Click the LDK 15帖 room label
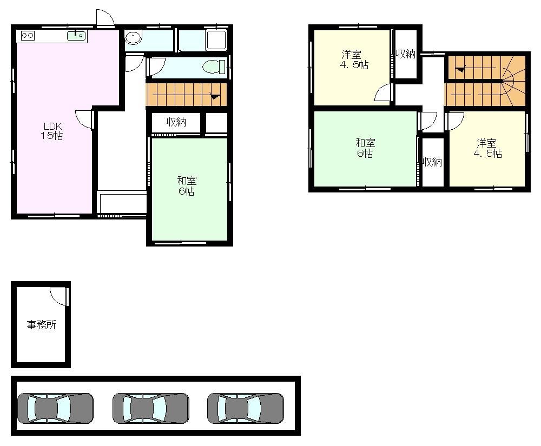point(52,131)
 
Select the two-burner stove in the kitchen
point(28,35)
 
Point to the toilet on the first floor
point(214,66)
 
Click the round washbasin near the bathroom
point(133,37)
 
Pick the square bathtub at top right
point(216,39)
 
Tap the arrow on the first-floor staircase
point(215,97)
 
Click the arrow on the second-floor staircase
point(460,70)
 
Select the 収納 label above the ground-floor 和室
point(176,122)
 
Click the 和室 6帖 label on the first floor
point(187,186)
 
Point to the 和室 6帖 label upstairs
point(365,148)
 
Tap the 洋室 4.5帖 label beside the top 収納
point(354,59)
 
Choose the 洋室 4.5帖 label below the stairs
point(487,148)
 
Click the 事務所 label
point(42,325)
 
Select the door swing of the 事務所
point(57,296)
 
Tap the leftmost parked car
point(55,409)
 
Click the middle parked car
point(151,409)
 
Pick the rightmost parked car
point(245,409)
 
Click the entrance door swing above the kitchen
point(105,17)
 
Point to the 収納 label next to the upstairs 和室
point(433,162)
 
